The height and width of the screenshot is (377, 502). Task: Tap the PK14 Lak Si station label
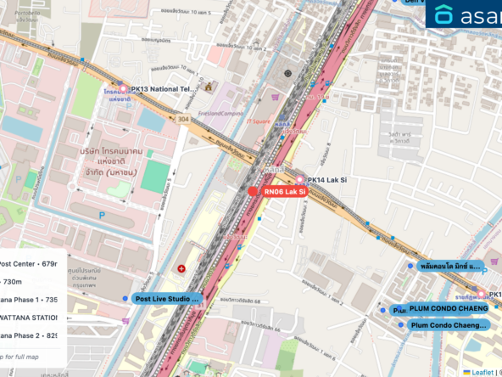tap(329, 180)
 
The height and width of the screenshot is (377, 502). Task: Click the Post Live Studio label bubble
tap(167, 299)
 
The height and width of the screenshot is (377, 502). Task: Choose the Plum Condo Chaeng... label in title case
tap(449, 324)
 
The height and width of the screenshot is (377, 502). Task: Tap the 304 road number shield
tap(183, 120)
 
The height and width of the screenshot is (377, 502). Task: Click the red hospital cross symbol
tap(181, 269)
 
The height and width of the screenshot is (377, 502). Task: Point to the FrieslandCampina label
tap(221, 113)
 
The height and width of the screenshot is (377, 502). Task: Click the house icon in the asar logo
tap(443, 14)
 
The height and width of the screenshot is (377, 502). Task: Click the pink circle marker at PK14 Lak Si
tap(298, 180)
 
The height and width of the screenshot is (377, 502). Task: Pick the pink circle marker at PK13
tap(123, 88)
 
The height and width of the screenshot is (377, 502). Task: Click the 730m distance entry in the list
tap(13, 281)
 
